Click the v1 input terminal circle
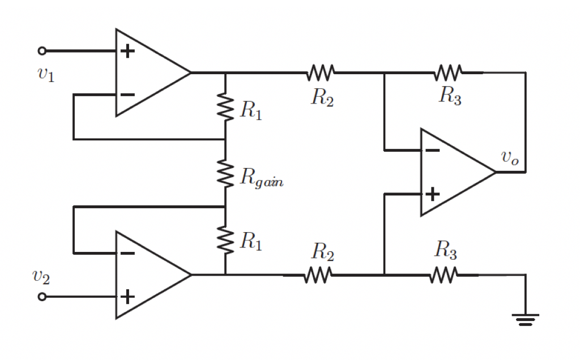[x=42, y=51]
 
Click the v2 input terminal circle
[x=42, y=296]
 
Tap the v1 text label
[x=46, y=75]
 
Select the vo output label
[x=509, y=158]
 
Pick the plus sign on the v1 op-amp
[x=128, y=52]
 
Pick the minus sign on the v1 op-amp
[x=128, y=94]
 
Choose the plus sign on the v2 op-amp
[x=128, y=296]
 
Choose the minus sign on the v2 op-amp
[x=128, y=253]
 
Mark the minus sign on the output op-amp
[x=432, y=151]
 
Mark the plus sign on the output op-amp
[x=432, y=194]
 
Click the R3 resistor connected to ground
[x=444, y=276]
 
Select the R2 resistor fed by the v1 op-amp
[x=321, y=72]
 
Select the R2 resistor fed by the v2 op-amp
[x=318, y=276]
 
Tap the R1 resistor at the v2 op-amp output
[x=225, y=241]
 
